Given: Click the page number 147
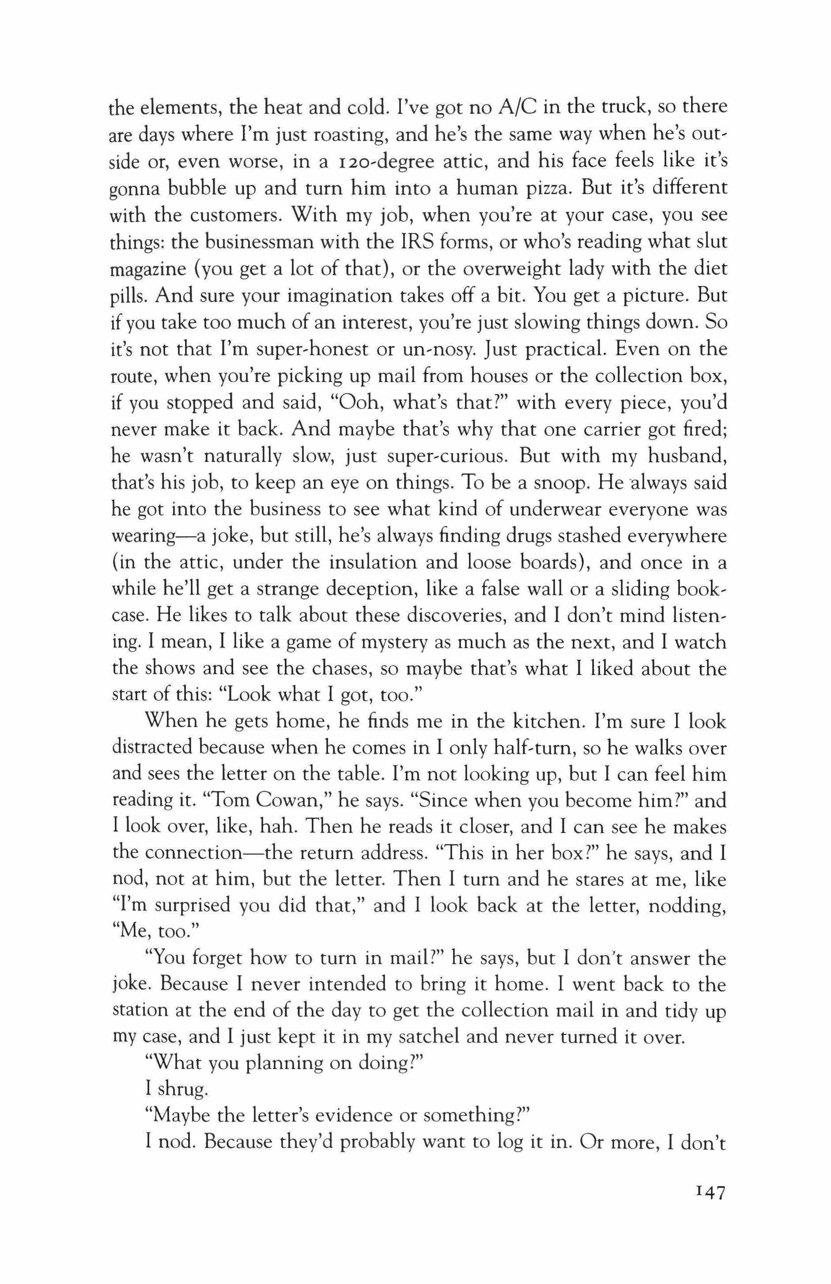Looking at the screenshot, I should [x=703, y=1191].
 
